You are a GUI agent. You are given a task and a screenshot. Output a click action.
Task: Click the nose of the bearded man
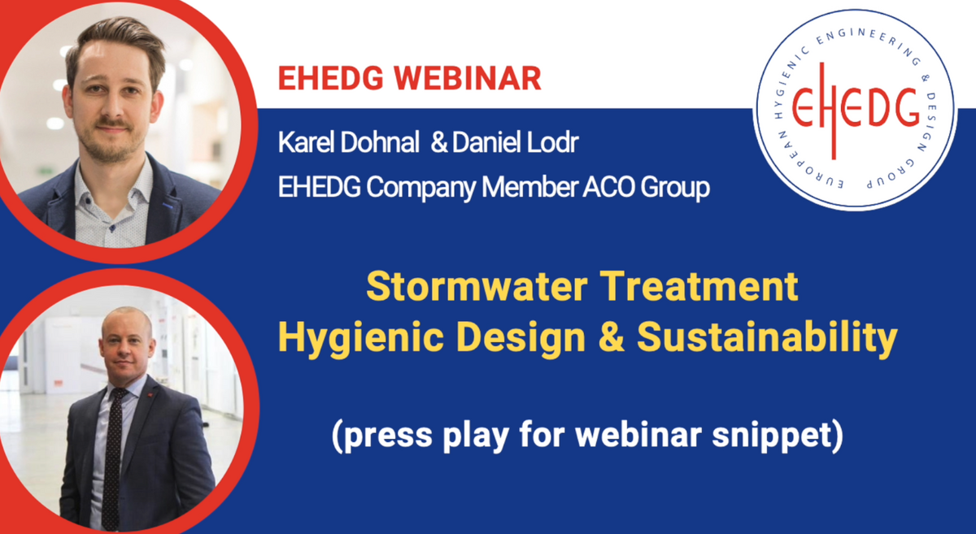coord(112,108)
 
